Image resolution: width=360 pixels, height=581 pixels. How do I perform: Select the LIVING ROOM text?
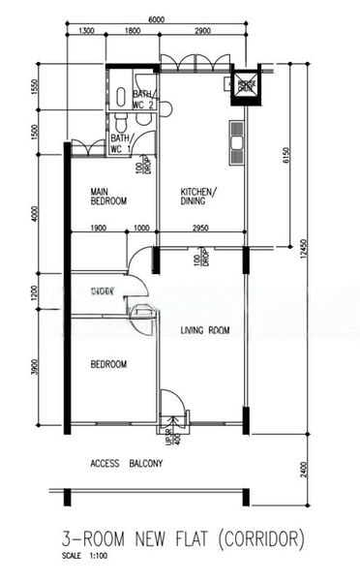[205, 331]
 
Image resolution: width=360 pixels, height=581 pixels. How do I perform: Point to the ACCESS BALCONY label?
[127, 463]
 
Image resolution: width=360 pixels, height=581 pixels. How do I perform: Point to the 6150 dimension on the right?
[286, 155]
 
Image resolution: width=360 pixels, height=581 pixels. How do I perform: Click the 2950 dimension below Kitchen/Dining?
[200, 229]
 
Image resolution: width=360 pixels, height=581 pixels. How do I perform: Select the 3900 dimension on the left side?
[34, 368]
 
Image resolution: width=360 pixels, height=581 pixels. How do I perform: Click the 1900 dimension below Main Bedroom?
[98, 229]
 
